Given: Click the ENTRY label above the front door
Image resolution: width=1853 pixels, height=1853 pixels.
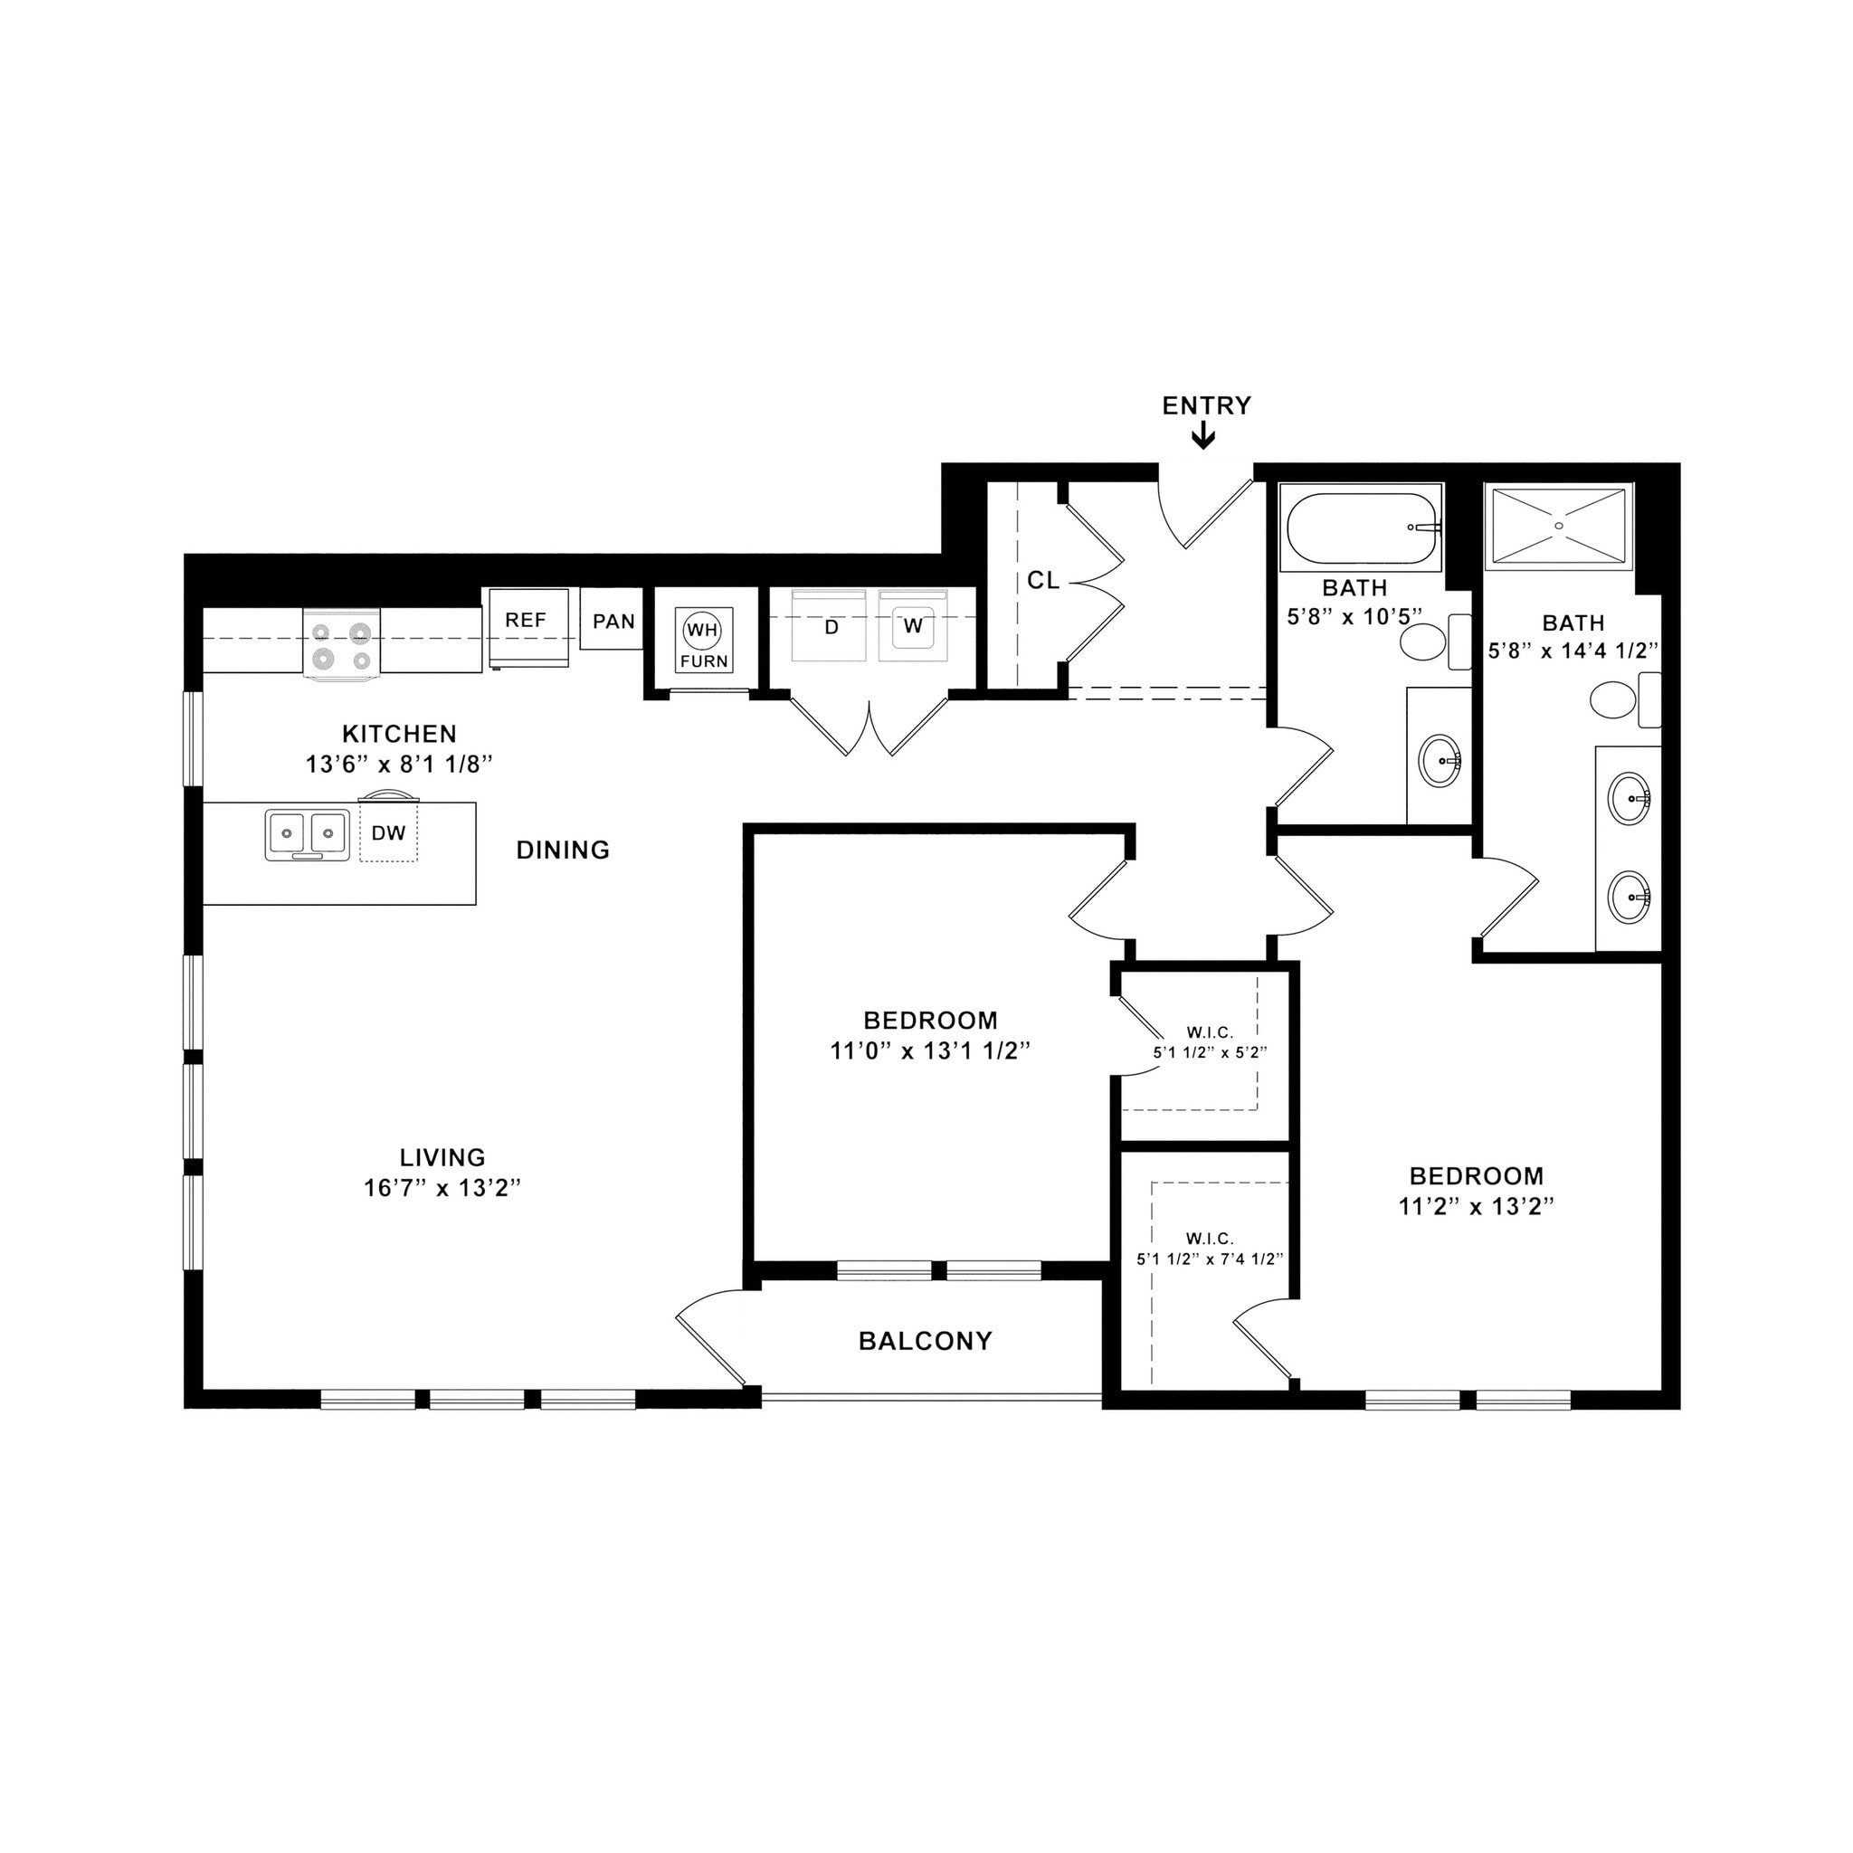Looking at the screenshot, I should tap(1205, 405).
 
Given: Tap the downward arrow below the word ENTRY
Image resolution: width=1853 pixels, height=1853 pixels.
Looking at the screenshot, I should tap(1202, 437).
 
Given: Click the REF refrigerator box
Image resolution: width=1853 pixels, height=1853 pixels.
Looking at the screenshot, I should tap(527, 626).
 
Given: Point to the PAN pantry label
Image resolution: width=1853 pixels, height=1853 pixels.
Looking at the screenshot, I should tap(613, 621).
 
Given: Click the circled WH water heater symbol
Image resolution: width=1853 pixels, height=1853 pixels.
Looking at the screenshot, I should tap(702, 630).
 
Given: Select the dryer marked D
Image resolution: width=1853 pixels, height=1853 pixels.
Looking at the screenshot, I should tap(831, 626).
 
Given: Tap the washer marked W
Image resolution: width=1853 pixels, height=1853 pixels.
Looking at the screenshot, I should tap(912, 626).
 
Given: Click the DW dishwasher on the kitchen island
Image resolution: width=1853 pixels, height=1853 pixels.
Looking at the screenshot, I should tap(388, 832).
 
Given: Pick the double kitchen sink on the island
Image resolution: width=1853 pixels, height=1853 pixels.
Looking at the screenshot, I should tap(307, 832).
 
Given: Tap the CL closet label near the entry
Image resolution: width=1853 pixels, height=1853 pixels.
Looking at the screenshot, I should tap(1042, 580).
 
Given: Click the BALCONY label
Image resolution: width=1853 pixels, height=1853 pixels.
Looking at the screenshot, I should tap(925, 1340).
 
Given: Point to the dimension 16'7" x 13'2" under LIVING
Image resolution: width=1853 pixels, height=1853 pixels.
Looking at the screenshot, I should tap(442, 1187).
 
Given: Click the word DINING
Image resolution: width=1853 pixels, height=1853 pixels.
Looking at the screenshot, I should tap(562, 850).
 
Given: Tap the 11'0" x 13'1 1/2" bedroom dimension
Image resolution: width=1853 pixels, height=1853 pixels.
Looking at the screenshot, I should tap(929, 1051).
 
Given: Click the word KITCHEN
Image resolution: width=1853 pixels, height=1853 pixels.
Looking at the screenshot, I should tap(399, 734).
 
